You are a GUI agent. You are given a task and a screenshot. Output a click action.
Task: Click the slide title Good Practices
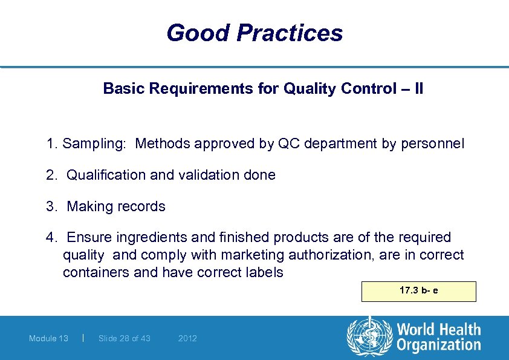pyautogui.click(x=254, y=33)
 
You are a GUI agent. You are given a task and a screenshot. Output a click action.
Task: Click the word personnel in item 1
pyautogui.click(x=433, y=143)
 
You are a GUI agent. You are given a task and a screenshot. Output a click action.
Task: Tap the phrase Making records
pyautogui.click(x=116, y=206)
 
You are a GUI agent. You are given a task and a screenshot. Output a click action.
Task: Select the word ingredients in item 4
pyautogui.click(x=151, y=237)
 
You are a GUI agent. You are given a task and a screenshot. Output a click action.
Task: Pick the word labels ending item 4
pyautogui.click(x=262, y=272)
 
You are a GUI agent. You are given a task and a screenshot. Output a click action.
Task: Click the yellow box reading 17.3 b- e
pyautogui.click(x=418, y=291)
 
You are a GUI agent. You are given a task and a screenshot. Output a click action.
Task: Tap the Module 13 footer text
pyautogui.click(x=48, y=338)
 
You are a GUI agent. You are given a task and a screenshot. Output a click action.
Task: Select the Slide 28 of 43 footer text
pyautogui.click(x=124, y=338)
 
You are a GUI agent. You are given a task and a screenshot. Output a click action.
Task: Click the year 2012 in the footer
pyautogui.click(x=187, y=338)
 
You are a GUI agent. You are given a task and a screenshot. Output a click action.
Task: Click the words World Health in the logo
pyautogui.click(x=438, y=330)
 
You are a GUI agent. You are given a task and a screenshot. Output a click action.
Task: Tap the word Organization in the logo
pyautogui.click(x=438, y=345)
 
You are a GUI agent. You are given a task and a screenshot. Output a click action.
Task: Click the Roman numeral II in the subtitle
pyautogui.click(x=418, y=89)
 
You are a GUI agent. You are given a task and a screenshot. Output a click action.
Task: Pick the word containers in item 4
pyautogui.click(x=96, y=272)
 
